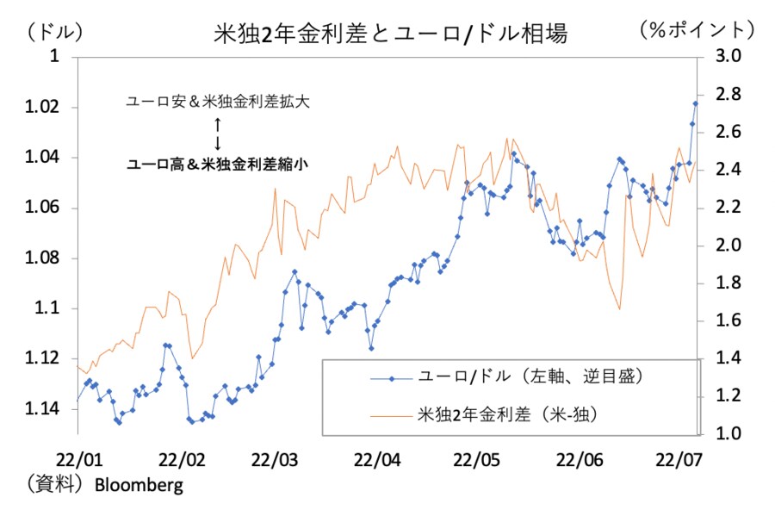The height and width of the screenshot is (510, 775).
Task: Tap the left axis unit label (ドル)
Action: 54,31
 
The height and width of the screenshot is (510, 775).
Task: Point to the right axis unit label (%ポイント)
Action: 697,29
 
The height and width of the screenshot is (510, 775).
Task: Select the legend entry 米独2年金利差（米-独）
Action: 507,414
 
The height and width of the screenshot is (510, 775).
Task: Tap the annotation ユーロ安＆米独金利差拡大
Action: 218,101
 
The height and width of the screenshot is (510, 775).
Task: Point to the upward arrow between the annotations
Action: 218,123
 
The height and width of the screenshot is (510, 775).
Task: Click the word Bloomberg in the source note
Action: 139,484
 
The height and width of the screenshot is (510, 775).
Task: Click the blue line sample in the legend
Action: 392,377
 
